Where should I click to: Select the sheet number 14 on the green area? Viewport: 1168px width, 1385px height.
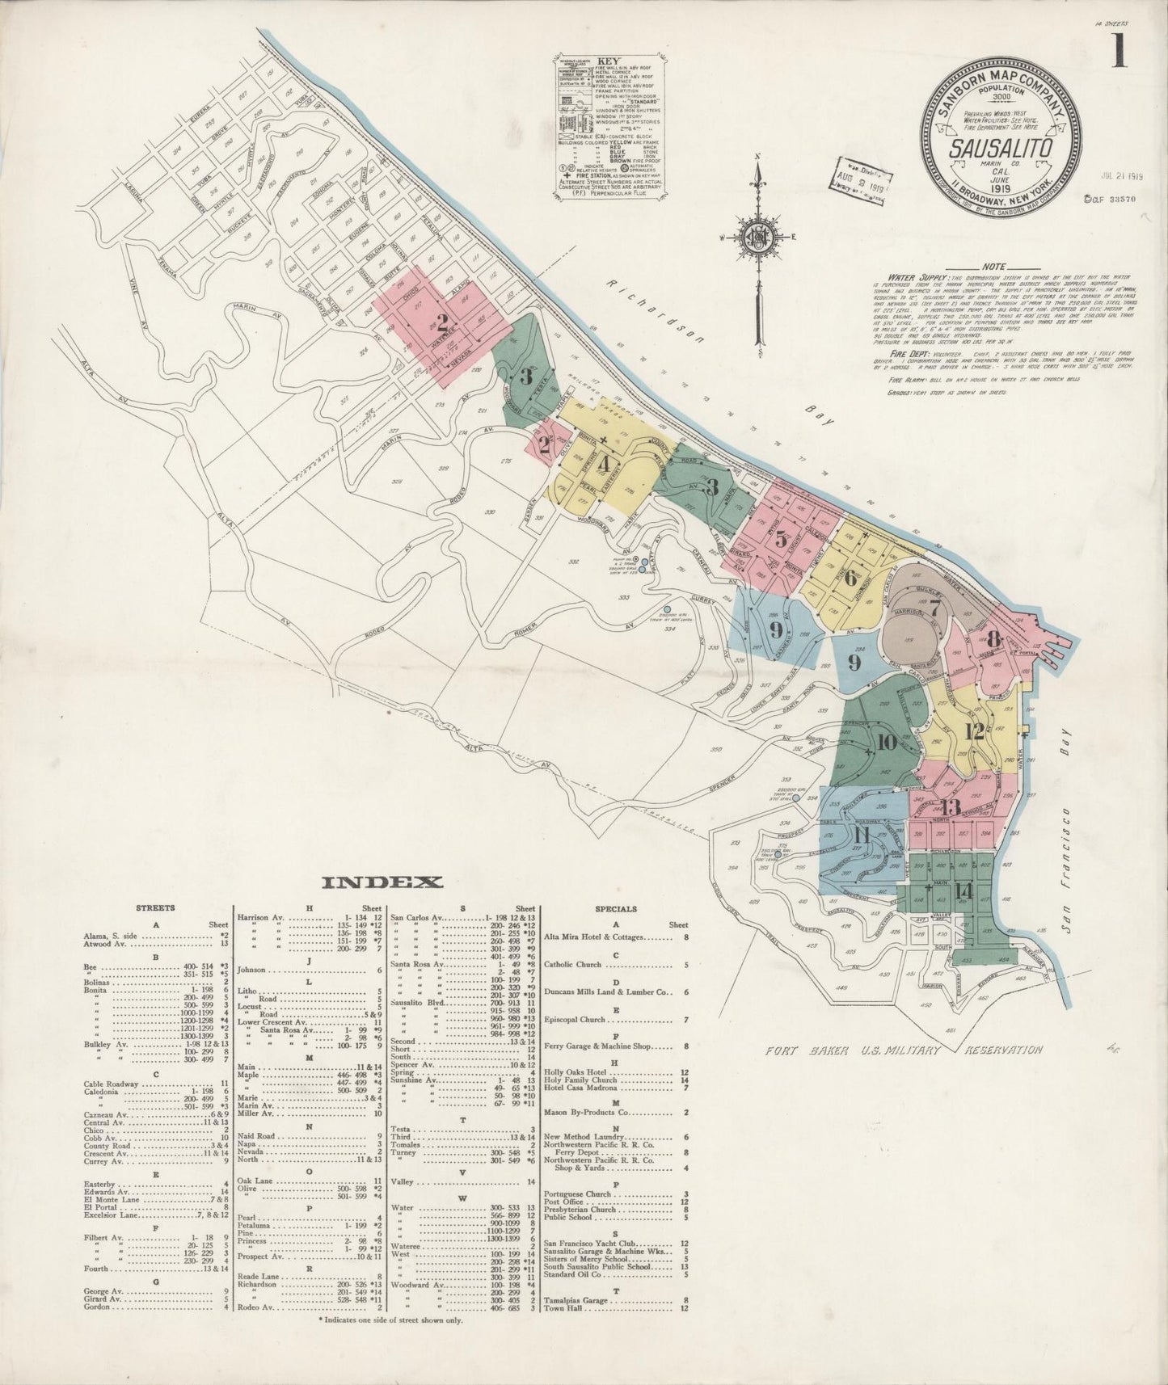(962, 890)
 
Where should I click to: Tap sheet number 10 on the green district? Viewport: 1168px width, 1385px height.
(885, 742)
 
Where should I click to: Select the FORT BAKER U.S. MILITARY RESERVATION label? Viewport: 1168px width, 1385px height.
(904, 1050)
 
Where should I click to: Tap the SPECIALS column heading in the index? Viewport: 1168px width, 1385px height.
(616, 908)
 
